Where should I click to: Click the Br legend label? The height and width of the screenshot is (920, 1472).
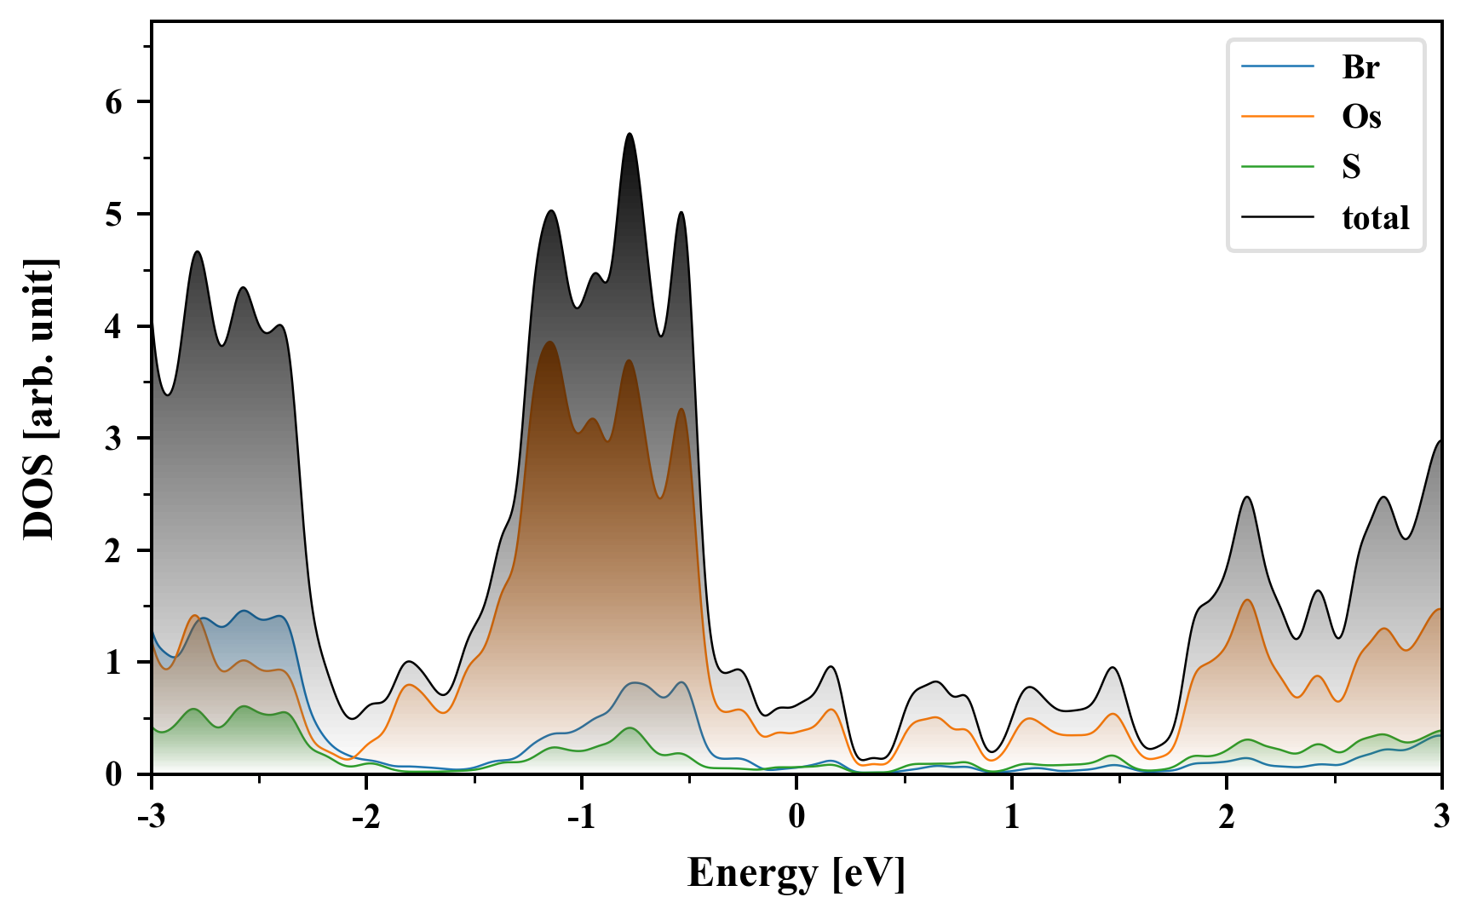1360,67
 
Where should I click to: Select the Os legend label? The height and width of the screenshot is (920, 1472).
1361,117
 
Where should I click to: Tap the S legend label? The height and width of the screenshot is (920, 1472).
1351,167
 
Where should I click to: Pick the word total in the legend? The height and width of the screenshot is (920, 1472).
1376,218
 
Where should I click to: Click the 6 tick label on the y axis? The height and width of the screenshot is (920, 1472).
114,102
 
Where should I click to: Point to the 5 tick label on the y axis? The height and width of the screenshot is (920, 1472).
114,214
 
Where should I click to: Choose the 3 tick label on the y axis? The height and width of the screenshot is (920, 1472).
114,439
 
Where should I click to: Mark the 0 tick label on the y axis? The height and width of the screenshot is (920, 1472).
114,774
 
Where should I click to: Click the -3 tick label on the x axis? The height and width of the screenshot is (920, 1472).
151,817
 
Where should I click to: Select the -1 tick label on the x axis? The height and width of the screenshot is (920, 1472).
580,817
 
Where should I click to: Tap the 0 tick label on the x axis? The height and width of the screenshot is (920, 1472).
796,817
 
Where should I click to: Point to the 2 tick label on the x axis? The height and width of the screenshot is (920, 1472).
1227,817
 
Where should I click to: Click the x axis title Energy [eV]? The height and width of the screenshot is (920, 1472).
796,873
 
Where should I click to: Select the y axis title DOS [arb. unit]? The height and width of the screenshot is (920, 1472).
39,399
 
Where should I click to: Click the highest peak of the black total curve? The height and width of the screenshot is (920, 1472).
630,134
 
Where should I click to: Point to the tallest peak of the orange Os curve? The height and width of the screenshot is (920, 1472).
549,342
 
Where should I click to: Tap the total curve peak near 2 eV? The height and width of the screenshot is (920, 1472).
1247,497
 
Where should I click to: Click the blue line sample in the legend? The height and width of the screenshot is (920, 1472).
1278,67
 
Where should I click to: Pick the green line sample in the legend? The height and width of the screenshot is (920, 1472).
1278,167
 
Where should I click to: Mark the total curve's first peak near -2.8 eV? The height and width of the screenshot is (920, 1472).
198,251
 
